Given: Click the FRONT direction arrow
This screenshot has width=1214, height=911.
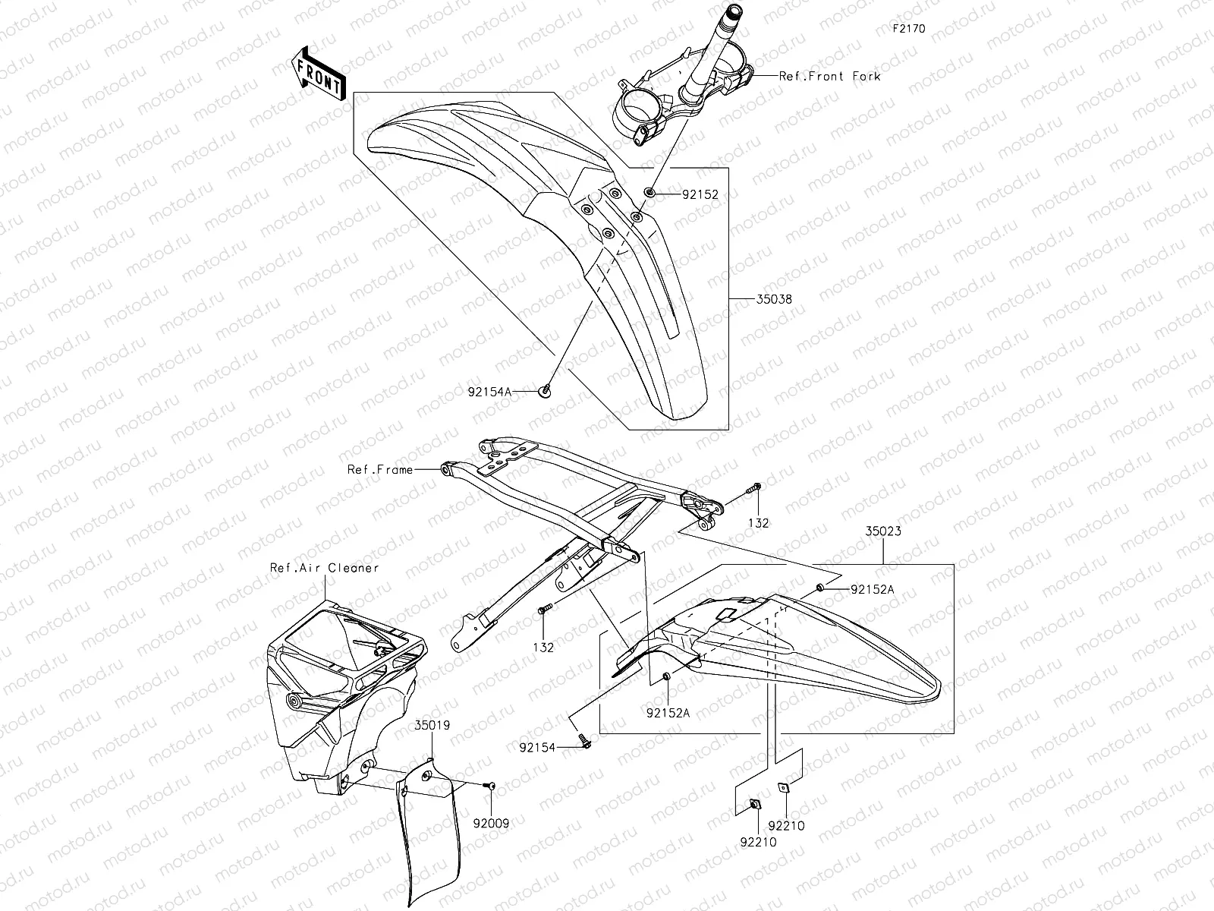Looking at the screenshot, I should click(x=318, y=73).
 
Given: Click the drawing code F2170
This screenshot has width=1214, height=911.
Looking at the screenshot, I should click(x=908, y=29).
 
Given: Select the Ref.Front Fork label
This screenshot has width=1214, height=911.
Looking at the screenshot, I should click(x=830, y=76).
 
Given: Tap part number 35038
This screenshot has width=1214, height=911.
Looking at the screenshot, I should click(x=773, y=299).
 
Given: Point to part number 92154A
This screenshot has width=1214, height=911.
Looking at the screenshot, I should click(x=490, y=392).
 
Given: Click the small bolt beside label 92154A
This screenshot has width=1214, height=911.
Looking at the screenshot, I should click(x=545, y=391).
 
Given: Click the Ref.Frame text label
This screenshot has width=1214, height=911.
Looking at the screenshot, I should click(x=380, y=469).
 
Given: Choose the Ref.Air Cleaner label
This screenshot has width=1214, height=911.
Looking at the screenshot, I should click(x=324, y=567).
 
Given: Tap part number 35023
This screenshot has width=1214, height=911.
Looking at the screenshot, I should click(x=883, y=531).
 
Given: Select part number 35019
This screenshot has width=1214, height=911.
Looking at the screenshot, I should click(x=432, y=725).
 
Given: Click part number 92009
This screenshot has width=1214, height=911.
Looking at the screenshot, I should click(x=492, y=822).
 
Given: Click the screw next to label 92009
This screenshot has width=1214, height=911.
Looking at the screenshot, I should click(x=489, y=785).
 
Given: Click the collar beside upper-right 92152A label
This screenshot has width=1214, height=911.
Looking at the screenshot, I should click(x=821, y=588).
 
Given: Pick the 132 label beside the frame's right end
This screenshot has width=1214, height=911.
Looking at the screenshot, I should click(x=758, y=523).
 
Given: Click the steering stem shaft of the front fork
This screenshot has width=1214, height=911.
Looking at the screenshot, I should click(x=704, y=53).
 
